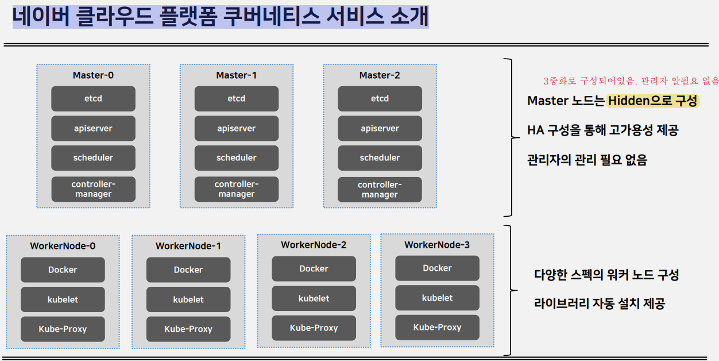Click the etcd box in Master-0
(x=93, y=99)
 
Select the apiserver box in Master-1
(x=237, y=128)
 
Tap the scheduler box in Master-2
(x=380, y=158)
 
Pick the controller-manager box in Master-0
(x=93, y=189)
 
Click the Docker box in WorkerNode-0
(x=63, y=270)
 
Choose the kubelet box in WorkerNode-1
(x=188, y=299)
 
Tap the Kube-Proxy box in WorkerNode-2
(x=314, y=328)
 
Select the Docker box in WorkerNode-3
(x=437, y=268)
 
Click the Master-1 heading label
(x=237, y=75)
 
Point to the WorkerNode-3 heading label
(x=437, y=245)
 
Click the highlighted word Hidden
(x=629, y=101)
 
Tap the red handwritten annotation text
(x=631, y=80)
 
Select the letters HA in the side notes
(x=535, y=130)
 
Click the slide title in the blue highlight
(x=221, y=17)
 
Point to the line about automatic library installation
(x=600, y=304)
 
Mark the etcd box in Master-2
(x=380, y=99)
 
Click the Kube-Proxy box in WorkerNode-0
(x=63, y=329)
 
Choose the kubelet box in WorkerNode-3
(x=437, y=298)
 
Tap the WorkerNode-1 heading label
(x=188, y=246)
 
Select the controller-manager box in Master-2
(x=380, y=190)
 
